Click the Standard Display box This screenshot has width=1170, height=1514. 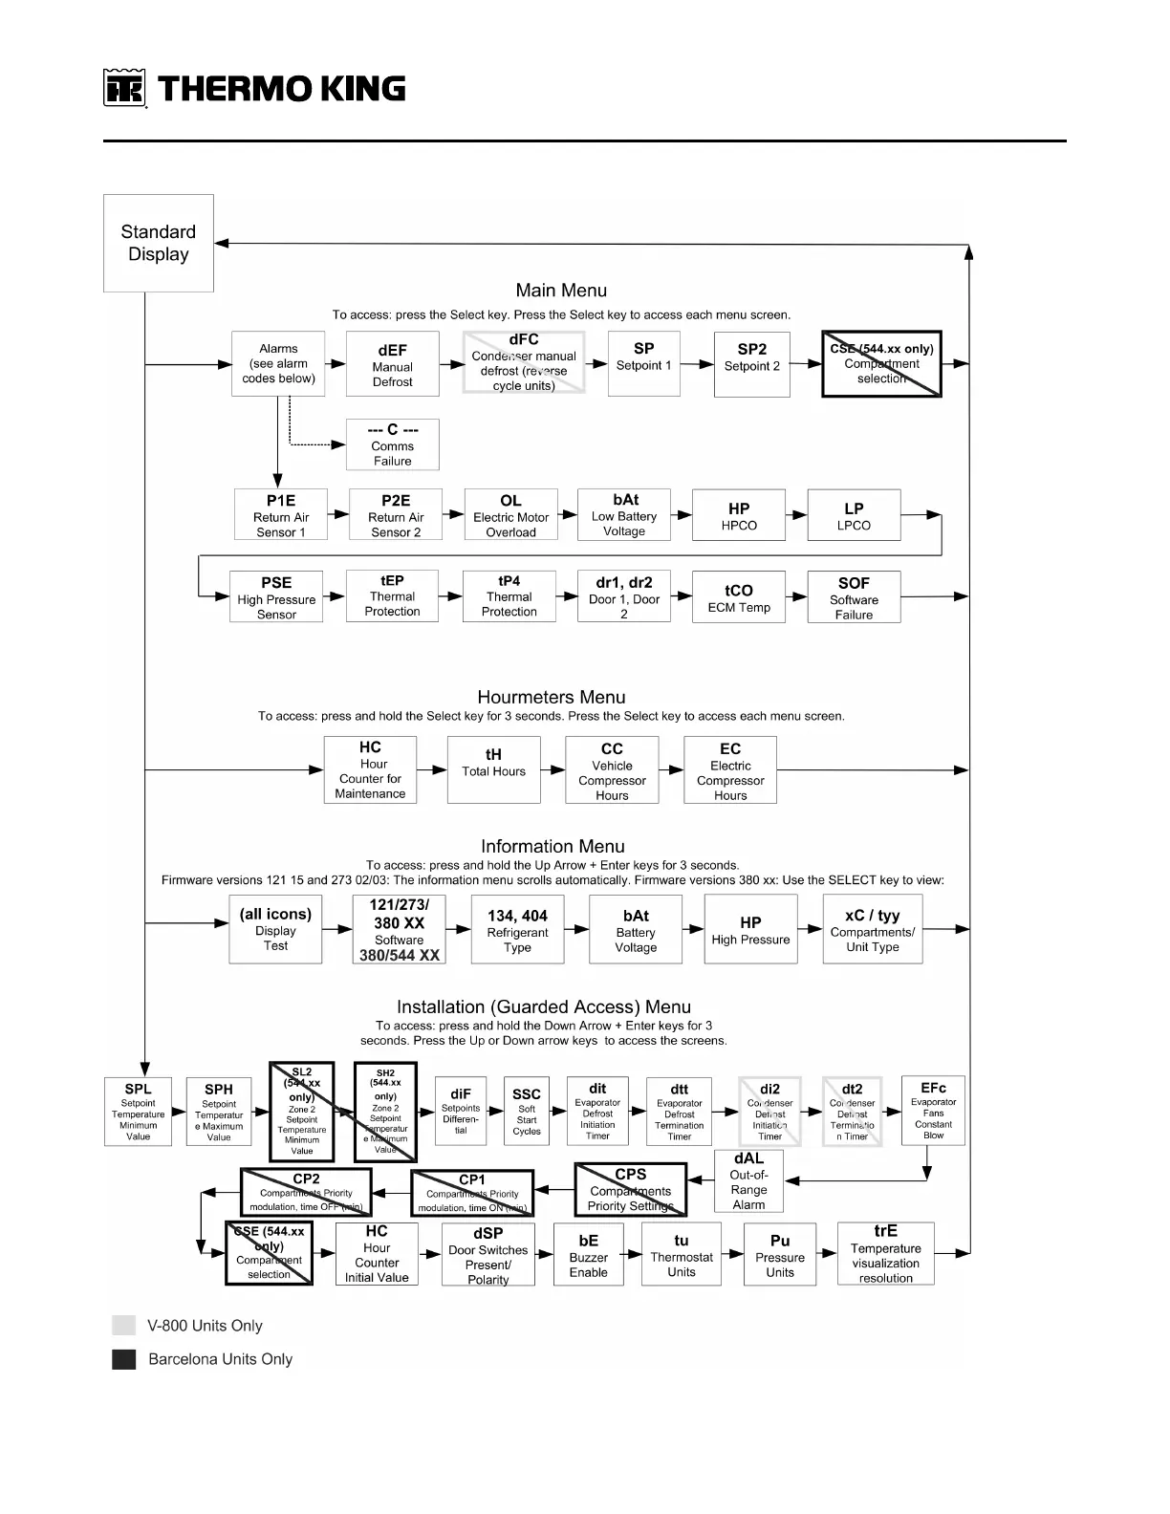coord(159,243)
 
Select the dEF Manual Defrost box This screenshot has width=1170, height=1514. coord(392,364)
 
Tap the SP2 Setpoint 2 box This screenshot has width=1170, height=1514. coord(752,364)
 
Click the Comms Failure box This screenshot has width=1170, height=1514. coord(392,444)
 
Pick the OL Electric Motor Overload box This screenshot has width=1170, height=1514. coord(510,515)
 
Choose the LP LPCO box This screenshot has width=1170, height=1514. coord(854,515)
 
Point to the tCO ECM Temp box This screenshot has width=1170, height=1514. coord(739,597)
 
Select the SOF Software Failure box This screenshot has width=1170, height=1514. coord(854,597)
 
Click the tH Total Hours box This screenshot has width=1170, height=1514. coord(493,768)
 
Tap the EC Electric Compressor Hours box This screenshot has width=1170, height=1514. coord(730,769)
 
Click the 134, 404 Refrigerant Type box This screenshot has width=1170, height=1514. coord(517,929)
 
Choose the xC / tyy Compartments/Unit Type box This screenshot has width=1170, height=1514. coord(873,929)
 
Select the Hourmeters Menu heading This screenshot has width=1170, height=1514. coord(552,698)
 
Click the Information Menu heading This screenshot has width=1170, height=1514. coord(552,847)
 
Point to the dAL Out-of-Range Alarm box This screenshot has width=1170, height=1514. coord(748,1181)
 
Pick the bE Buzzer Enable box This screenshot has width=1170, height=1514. coord(588,1255)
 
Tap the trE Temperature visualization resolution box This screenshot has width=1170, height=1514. coord(885,1254)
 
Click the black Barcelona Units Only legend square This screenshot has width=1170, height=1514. coord(124,1359)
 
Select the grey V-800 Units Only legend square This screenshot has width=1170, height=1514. coord(124,1325)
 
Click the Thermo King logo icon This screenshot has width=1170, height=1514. coord(124,89)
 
